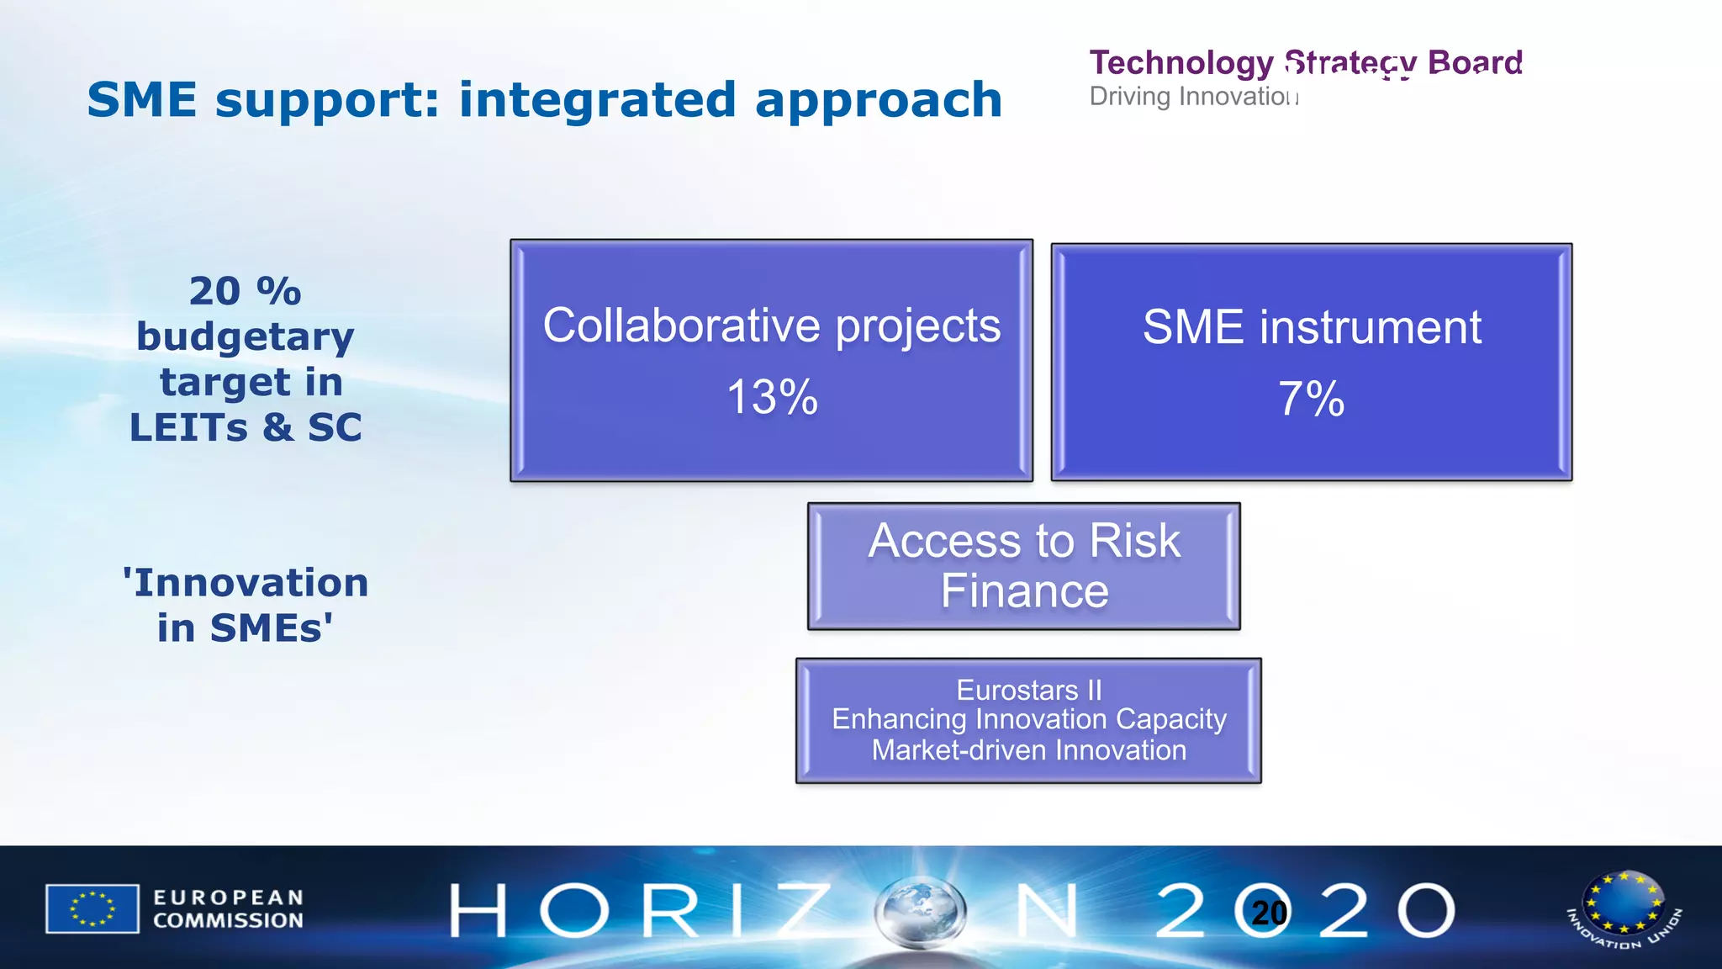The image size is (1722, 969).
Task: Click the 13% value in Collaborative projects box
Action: pos(772,397)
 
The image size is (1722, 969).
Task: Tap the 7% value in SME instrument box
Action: pos(1311,399)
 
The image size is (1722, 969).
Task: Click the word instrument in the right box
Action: pos(1370,327)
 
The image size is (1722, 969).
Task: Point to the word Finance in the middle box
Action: pos(1024,591)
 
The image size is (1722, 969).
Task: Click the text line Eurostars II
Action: pos(1028,690)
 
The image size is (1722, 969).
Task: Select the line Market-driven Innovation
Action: pos(1028,749)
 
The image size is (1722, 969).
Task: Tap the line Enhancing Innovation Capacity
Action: pos(1028,719)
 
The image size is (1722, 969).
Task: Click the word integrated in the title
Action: pos(598,100)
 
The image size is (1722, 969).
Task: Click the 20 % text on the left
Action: pos(245,291)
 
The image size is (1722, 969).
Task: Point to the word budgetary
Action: pos(245,337)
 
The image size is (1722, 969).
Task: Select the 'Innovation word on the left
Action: pos(245,583)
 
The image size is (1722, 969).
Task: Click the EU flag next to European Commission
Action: pos(92,908)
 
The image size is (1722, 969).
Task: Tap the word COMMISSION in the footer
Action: pos(228,921)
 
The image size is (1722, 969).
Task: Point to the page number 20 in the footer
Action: pos(1269,913)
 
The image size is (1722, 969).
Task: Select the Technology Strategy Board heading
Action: pos(1305,62)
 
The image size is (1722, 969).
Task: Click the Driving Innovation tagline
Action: pos(1192,97)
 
